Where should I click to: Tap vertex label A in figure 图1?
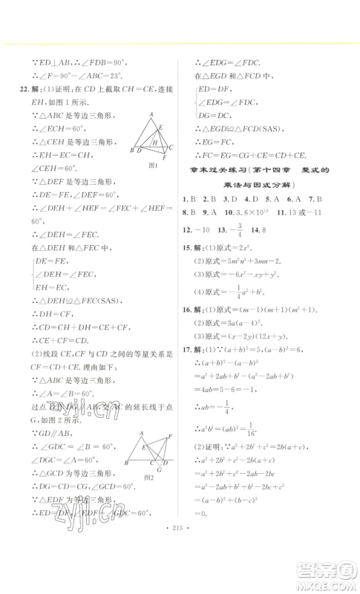(x=151, y=113)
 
